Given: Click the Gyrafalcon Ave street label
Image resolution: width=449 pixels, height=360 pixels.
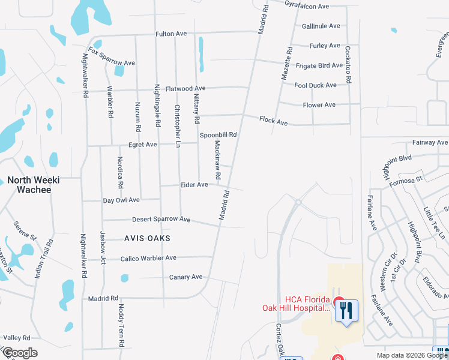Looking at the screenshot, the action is (x=307, y=6).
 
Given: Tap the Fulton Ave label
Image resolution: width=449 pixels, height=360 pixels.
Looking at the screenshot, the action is (x=172, y=34).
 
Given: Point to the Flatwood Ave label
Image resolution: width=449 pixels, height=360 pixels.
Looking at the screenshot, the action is (x=186, y=88).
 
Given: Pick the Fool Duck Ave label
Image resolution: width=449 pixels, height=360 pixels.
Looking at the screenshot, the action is (x=316, y=85).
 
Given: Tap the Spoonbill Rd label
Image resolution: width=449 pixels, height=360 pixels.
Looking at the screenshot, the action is (x=218, y=134).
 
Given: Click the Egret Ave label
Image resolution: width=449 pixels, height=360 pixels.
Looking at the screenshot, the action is (x=142, y=145).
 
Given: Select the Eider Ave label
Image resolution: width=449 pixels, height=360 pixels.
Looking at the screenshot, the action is (x=194, y=185).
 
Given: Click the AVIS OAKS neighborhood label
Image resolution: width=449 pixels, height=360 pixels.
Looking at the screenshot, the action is (x=147, y=238).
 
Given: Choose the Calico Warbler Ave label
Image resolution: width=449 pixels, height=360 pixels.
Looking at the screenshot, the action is (x=148, y=258).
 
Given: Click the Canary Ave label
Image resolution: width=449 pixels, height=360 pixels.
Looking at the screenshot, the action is (x=185, y=277).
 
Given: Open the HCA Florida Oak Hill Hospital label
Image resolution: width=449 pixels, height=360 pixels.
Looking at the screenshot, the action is (x=296, y=304).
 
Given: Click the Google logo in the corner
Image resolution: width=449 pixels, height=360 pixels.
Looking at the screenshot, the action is (x=20, y=353).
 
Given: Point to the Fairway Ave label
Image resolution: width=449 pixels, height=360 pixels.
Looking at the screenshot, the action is (x=430, y=142).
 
